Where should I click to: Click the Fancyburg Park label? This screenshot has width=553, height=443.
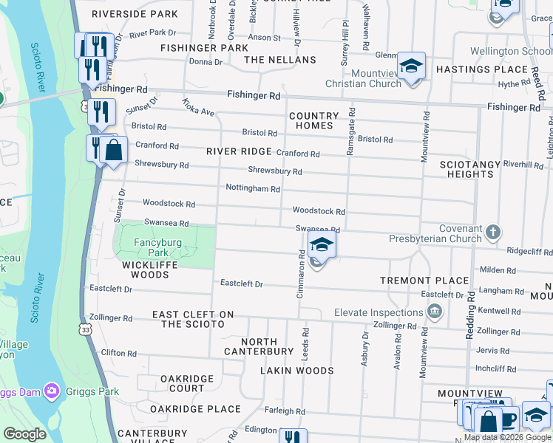tap(152, 247)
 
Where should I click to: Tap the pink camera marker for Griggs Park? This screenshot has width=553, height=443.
tap(51, 389)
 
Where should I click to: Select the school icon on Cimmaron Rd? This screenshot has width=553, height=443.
tap(322, 245)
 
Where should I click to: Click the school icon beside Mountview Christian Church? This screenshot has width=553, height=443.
tap(411, 66)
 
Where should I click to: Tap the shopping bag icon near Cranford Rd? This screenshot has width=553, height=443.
tap(113, 150)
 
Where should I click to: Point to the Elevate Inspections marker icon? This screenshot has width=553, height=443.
tap(435, 312)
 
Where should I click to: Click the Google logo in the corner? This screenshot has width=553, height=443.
tap(24, 434)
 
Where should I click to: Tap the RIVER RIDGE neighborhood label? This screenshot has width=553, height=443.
tap(239, 151)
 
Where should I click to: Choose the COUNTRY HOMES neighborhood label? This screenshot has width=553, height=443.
tap(313, 121)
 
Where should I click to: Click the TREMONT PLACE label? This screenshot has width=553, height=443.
tap(424, 281)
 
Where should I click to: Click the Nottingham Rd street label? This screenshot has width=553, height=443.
tap(252, 189)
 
